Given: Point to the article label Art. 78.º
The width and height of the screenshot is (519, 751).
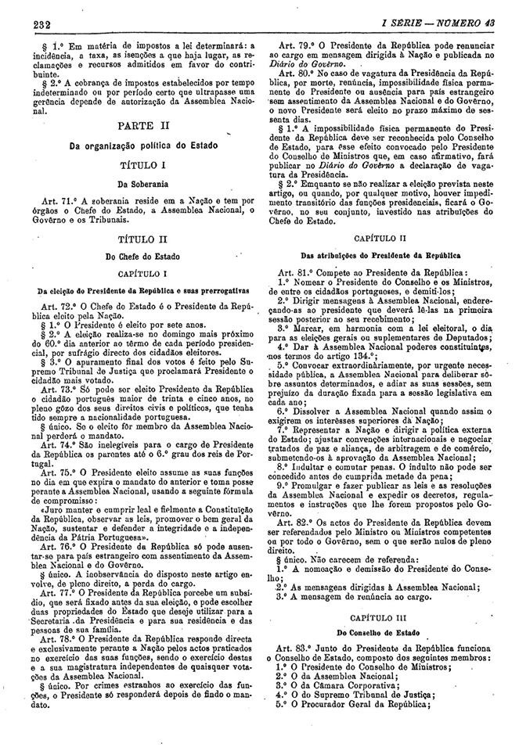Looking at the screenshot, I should click(54, 616).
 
